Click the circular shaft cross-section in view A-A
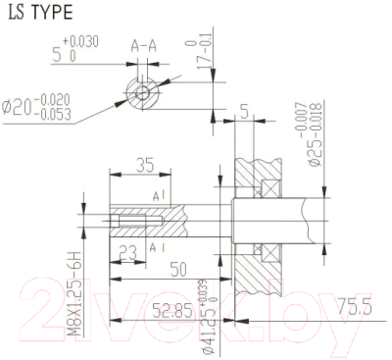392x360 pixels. tap(144, 94)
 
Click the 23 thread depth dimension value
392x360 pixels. tap(127, 251)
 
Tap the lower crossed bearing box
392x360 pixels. tap(272, 266)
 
